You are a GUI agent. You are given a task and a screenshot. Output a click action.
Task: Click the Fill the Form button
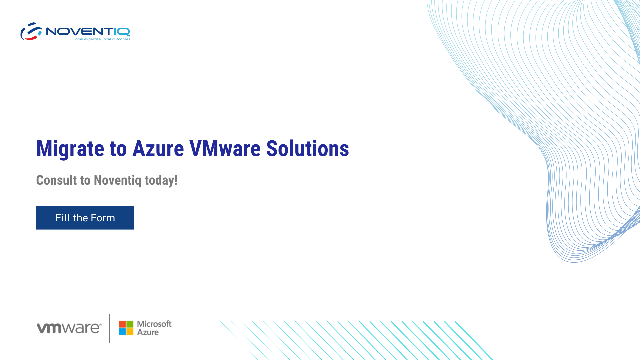(x=85, y=218)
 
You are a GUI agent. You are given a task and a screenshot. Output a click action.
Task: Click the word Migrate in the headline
(x=70, y=149)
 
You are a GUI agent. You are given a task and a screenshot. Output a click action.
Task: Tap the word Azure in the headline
(x=158, y=148)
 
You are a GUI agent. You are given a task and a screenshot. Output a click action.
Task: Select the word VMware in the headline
(x=225, y=148)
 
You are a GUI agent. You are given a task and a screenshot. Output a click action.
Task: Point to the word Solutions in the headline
(x=307, y=148)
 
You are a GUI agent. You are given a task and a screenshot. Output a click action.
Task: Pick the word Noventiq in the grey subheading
(x=118, y=180)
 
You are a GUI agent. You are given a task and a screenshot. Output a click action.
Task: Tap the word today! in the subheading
(x=161, y=180)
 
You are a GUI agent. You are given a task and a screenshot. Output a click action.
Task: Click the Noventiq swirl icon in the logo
(x=31, y=31)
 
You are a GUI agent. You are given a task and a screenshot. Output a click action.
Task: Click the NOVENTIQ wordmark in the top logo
(x=88, y=31)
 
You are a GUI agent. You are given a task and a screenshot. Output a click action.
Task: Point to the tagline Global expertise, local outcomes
(x=101, y=39)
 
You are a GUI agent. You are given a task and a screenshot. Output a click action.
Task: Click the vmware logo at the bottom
(x=69, y=328)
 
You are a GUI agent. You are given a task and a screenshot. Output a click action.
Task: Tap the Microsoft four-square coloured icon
(x=126, y=328)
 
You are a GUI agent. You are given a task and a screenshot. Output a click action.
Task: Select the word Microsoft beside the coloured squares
(x=154, y=324)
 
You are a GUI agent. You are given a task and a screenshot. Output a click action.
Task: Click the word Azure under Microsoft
(x=148, y=332)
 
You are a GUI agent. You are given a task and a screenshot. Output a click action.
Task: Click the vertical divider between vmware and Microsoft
(x=109, y=328)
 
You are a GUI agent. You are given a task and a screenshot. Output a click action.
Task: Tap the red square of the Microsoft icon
(x=122, y=324)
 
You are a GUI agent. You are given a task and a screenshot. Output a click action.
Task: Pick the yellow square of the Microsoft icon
(x=130, y=332)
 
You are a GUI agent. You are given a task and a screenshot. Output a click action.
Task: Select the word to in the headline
(x=118, y=149)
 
